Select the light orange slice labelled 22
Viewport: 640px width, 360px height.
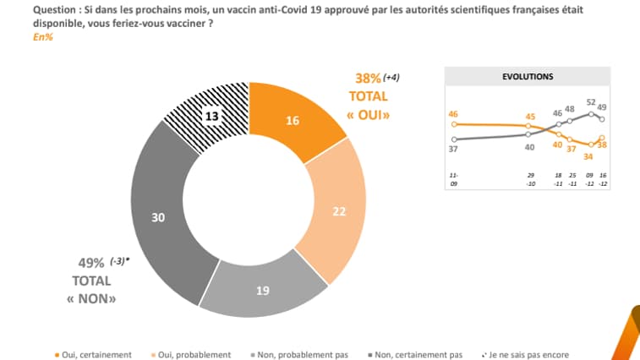tap(337, 212)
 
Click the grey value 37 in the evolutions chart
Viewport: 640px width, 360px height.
tap(454, 149)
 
